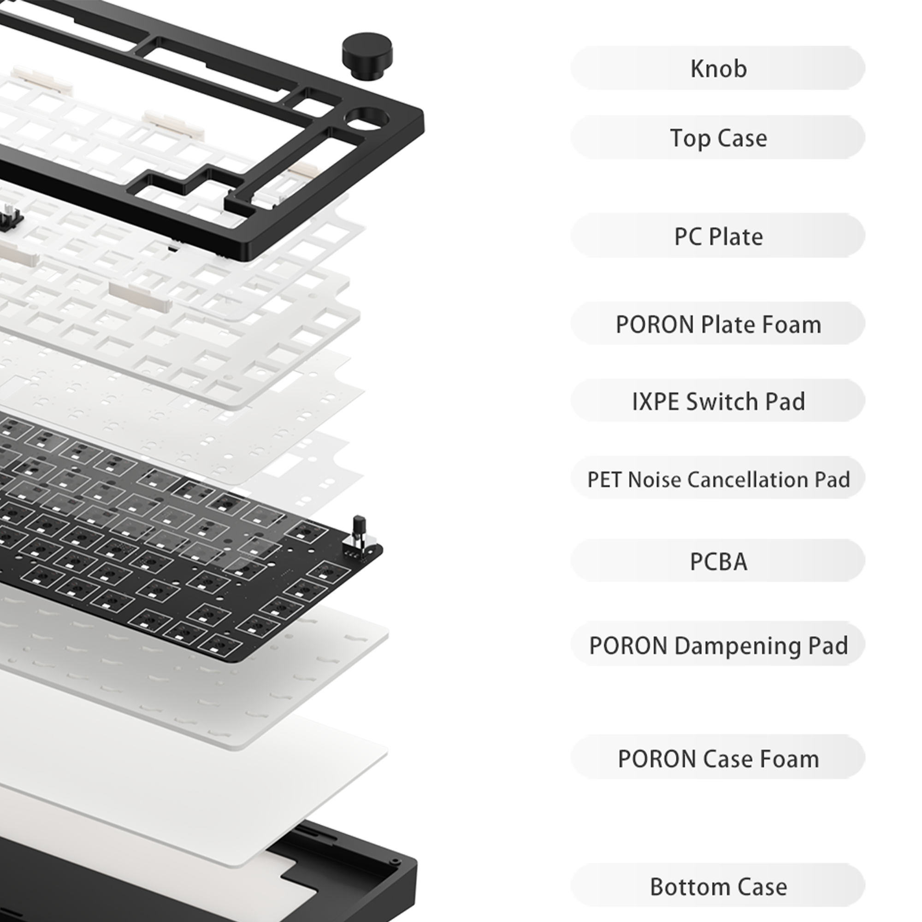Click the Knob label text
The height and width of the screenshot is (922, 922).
[718, 69]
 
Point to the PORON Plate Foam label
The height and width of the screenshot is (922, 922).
[718, 325]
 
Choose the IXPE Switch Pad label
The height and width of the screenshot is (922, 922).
[718, 402]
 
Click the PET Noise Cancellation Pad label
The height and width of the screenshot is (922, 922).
[718, 480]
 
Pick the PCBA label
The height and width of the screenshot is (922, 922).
[718, 562]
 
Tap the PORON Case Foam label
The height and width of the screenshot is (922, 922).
[718, 759]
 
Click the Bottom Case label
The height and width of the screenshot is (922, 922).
[718, 887]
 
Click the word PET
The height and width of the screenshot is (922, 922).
[605, 480]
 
